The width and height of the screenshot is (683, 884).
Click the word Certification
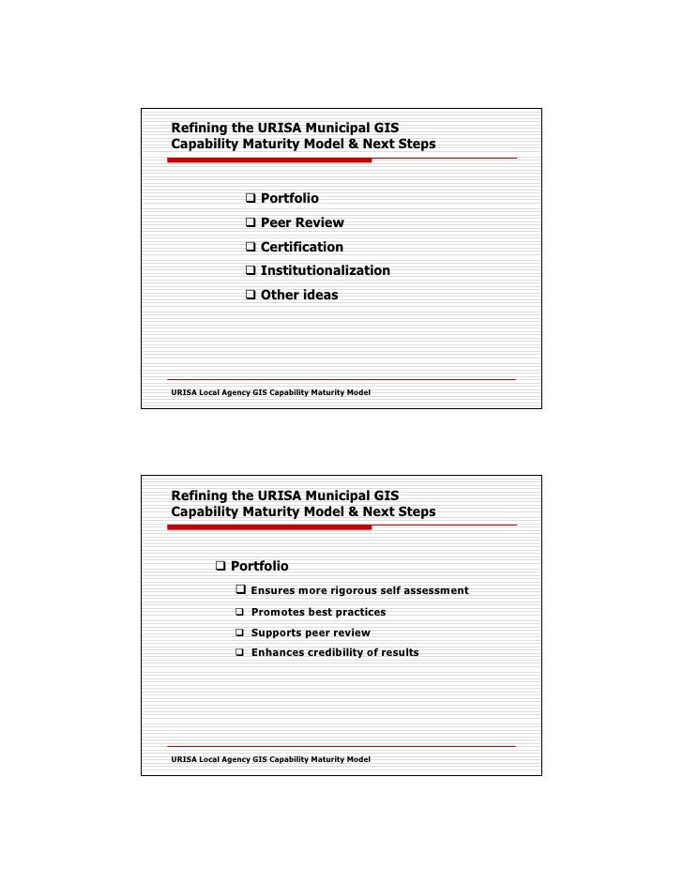pos(301,247)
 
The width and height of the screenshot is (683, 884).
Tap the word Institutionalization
pos(325,270)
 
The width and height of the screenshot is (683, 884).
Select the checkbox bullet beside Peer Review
pos(250,223)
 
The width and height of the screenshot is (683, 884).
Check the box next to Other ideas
pos(250,295)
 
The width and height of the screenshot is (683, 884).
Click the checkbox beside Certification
pos(250,247)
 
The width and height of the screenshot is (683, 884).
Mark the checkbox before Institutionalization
pos(250,270)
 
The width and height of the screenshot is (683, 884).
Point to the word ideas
pos(319,295)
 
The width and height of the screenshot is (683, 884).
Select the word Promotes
pos(277,612)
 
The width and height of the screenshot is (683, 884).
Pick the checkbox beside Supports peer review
pos(240,633)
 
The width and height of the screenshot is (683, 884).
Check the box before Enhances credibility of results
pos(240,652)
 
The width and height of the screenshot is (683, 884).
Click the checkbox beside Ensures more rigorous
pos(240,590)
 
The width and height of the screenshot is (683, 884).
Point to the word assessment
pos(434,590)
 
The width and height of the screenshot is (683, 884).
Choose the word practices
pos(357,612)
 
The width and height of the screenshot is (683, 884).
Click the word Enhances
pos(278,652)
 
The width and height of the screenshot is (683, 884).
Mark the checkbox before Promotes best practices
pos(240,612)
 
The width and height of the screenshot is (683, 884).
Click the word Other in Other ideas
pos(279,295)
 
